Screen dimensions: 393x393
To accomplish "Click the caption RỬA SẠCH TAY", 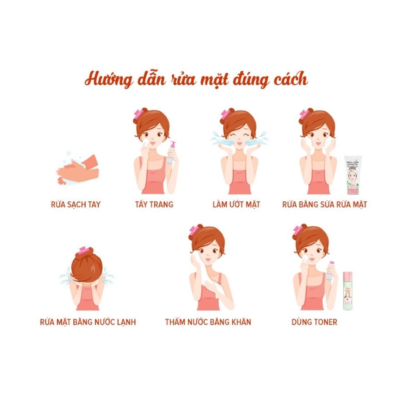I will point(76,204).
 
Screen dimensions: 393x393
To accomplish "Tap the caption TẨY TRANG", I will point(154,204).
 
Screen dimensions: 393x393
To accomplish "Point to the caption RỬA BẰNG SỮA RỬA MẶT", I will point(324,204).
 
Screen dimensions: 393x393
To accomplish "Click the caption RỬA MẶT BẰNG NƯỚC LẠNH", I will point(88,322).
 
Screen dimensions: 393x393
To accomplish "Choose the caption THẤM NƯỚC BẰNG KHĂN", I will point(208,322).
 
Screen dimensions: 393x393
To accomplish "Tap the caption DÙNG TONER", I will point(314,322).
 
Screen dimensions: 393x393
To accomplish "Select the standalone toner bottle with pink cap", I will point(348,289).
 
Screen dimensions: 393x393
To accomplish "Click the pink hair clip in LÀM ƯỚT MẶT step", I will point(226,114).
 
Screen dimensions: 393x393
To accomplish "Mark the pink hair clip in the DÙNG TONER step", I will point(298,231).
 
